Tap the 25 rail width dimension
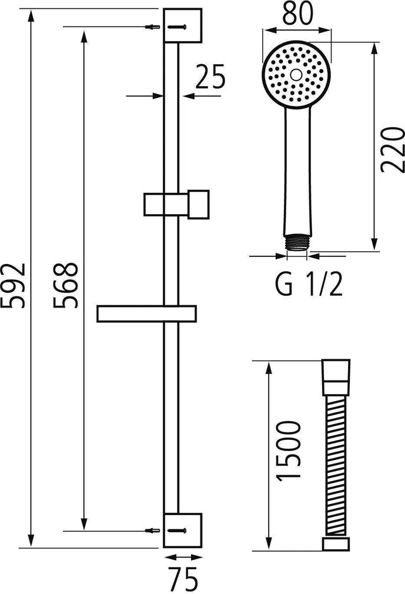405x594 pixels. (210, 78)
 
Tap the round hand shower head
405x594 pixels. (296, 75)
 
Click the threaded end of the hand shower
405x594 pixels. (296, 244)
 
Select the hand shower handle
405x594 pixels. (296, 171)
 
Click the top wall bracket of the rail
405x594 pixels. (182, 25)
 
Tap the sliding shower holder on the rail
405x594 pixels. (176, 203)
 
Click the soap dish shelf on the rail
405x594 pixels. (147, 314)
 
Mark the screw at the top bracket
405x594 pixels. (152, 26)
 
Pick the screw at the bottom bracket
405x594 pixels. (152, 530)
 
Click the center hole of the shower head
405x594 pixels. (296, 75)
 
